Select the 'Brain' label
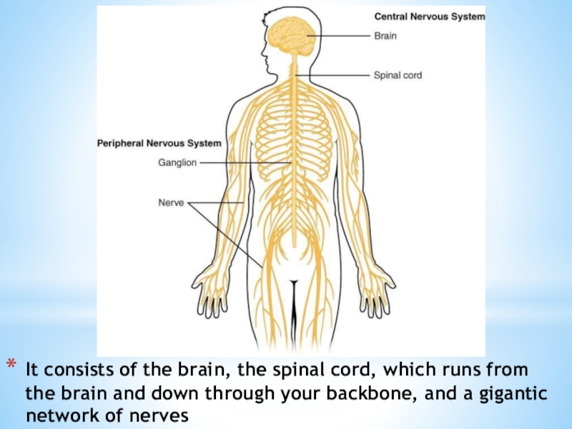point(385,34)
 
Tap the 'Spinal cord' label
point(398,74)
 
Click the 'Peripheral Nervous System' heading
point(159,144)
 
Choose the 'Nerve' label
point(171,202)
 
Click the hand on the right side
point(375,290)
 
